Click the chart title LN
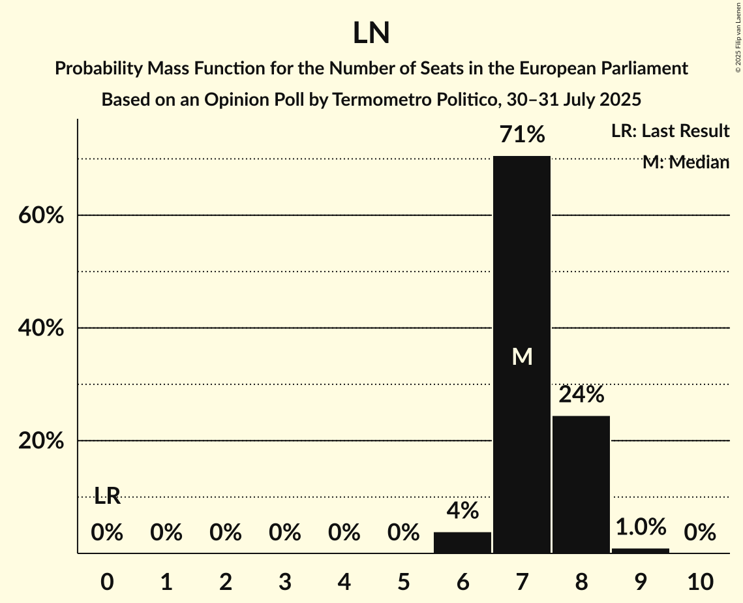click(x=371, y=33)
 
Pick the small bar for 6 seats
click(x=462, y=543)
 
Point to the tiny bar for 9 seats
click(x=641, y=551)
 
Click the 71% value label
click(x=522, y=135)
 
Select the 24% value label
click(x=581, y=395)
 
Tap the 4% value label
click(x=462, y=511)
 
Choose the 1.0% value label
click(x=641, y=526)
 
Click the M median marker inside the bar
click(x=522, y=356)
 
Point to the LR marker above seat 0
click(x=107, y=496)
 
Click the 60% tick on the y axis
click(x=40, y=215)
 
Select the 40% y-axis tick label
click(x=40, y=328)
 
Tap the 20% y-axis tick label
click(x=40, y=441)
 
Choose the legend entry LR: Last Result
click(x=670, y=131)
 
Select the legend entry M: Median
click(x=686, y=162)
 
